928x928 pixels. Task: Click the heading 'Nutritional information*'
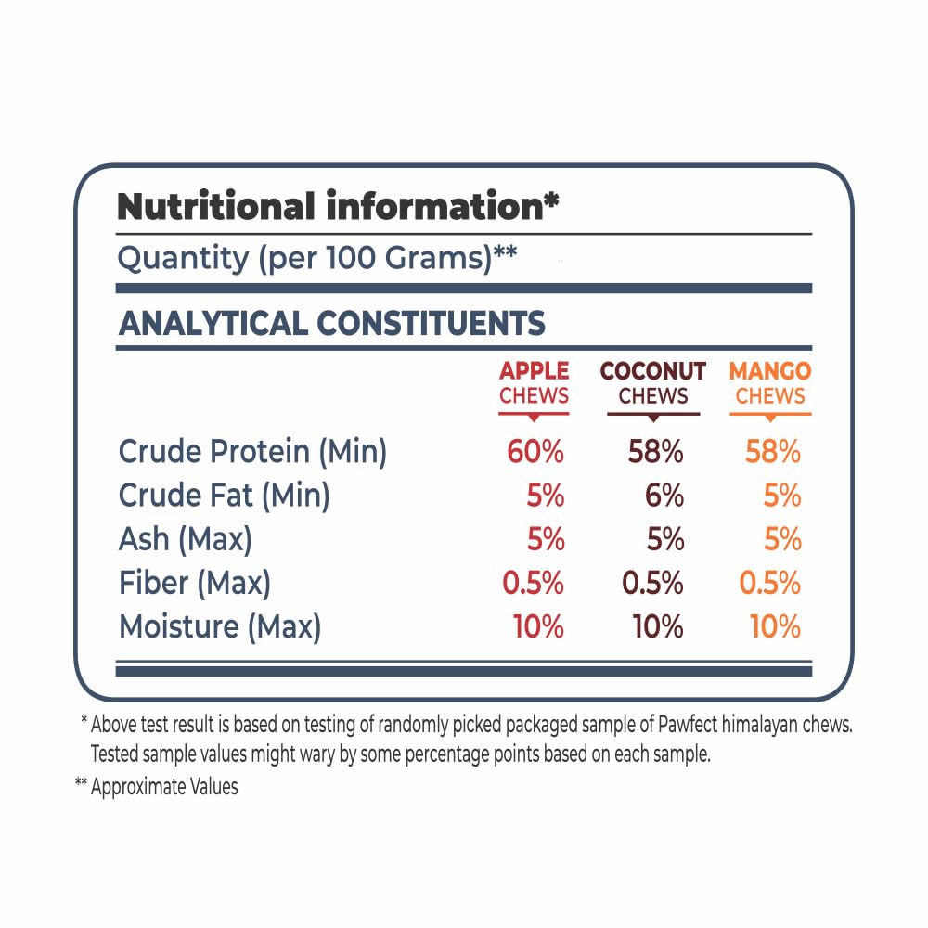pos(338,206)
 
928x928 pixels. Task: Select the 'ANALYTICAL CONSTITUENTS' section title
pos(332,323)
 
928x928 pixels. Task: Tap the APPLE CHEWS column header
pos(534,383)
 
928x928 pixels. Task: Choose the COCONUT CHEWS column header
pos(653,383)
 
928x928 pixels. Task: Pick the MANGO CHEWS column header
pos(770,383)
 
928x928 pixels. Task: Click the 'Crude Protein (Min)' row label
pos(252,452)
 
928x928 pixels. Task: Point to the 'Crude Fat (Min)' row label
pos(224,496)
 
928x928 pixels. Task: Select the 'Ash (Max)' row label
pos(185,539)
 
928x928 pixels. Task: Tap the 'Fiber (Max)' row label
pos(195,583)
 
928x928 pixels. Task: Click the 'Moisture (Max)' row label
pos(220,626)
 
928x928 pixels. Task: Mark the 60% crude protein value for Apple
pos(535,452)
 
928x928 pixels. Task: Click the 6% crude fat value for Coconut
pos(664,496)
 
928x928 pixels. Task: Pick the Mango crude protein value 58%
pos(773,452)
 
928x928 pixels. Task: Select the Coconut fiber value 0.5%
pos(653,583)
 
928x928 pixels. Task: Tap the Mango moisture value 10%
pos(776,626)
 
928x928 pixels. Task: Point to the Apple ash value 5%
pos(546,539)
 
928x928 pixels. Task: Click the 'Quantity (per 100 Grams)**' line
pos(316,258)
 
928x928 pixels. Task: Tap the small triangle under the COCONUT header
pos(653,419)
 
